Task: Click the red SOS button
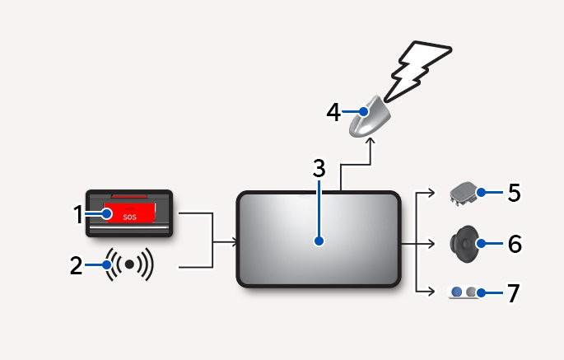click(x=130, y=213)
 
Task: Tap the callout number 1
click(x=78, y=214)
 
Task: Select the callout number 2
click(x=76, y=266)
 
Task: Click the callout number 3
click(x=319, y=169)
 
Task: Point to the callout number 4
click(x=333, y=112)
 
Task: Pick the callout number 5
click(x=514, y=193)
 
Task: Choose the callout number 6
click(x=515, y=244)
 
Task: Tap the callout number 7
click(x=513, y=293)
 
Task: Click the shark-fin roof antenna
click(x=370, y=116)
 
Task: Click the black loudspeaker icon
click(x=465, y=244)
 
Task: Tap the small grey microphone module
click(x=464, y=194)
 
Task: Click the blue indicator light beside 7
click(x=457, y=292)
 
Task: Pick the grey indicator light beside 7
click(x=471, y=292)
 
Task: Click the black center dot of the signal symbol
click(x=129, y=264)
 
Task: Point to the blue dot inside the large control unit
click(x=319, y=241)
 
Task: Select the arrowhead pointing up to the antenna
click(x=371, y=141)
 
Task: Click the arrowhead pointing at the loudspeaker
click(x=431, y=244)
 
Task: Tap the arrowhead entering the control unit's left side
click(x=234, y=242)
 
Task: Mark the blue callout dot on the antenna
click(x=364, y=112)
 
